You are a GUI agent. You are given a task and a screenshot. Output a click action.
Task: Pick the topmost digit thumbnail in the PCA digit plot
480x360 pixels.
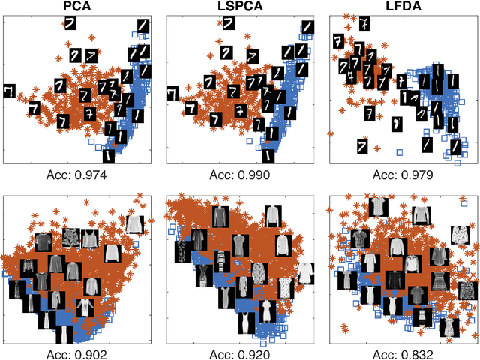click(70, 25)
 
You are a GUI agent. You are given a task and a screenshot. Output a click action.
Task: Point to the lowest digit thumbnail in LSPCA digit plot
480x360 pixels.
click(268, 156)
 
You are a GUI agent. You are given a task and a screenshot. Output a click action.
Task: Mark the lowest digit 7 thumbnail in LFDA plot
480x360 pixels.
click(362, 144)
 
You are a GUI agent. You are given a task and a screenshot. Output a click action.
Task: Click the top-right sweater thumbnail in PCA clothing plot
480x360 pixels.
click(134, 223)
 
